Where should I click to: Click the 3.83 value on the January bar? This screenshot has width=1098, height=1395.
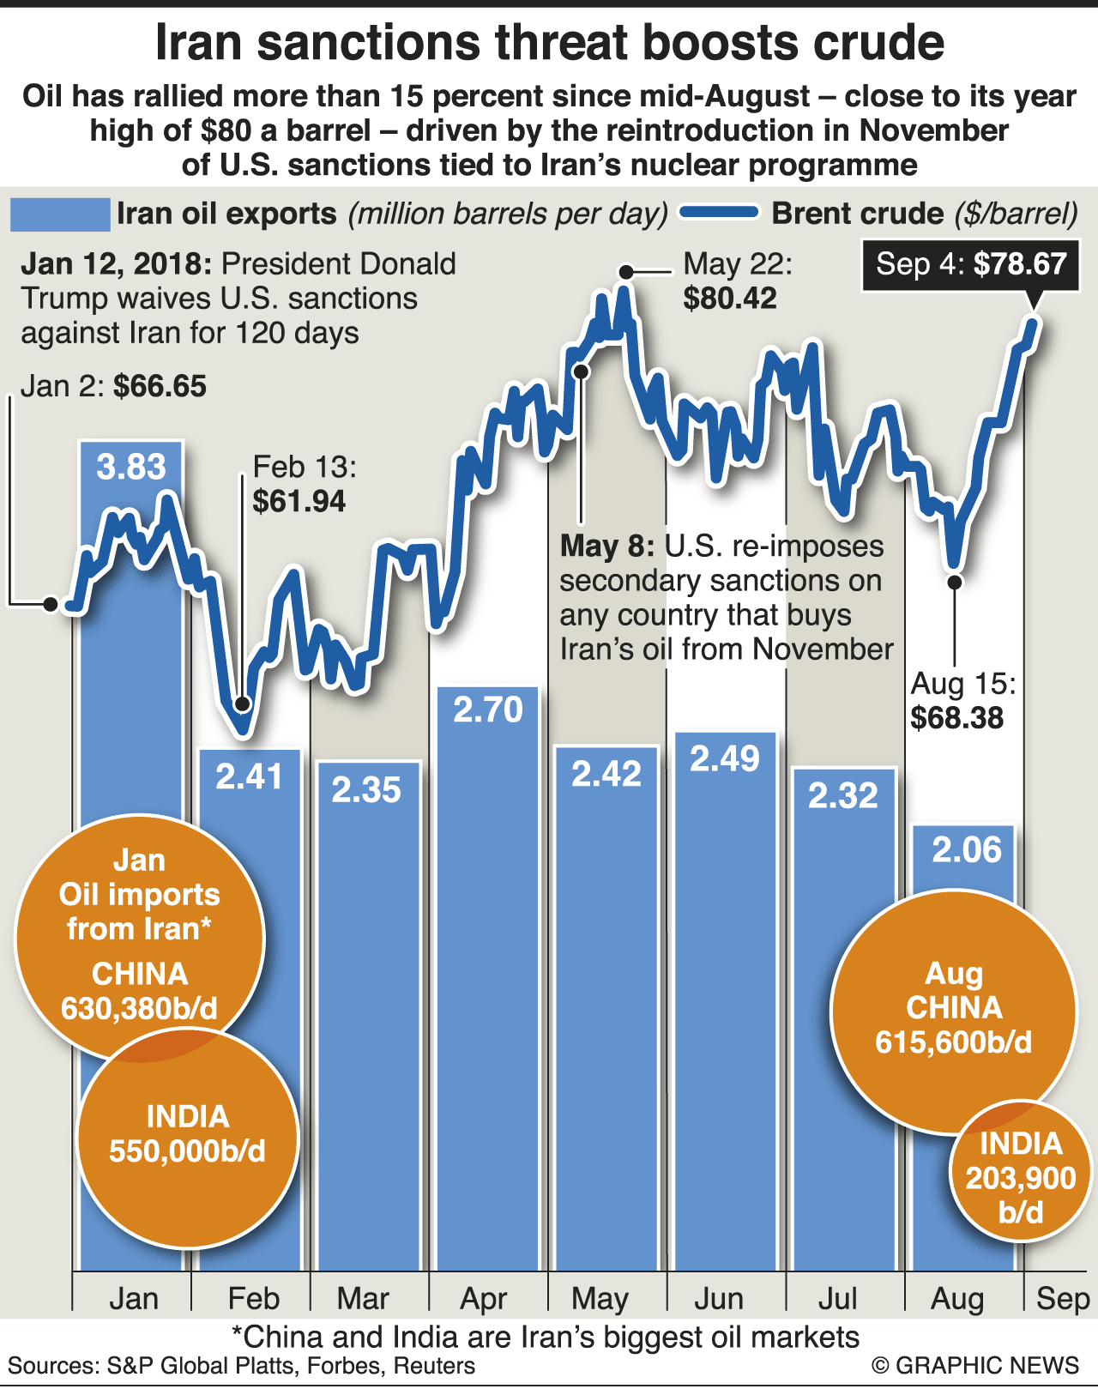pos(131,467)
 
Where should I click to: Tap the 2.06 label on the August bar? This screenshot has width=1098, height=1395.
pos(967,849)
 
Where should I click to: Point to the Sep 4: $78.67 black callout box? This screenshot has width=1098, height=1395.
pos(970,264)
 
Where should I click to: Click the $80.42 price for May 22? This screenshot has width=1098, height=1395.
pos(730,299)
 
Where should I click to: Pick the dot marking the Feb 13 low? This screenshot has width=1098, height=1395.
pos(242,704)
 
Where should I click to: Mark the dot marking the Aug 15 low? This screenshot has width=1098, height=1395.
pos(955,582)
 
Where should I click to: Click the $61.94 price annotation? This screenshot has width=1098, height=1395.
pos(299,501)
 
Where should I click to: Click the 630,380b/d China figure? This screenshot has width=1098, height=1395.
pos(140,1008)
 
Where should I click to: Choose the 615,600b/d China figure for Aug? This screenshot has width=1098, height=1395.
pos(954,1042)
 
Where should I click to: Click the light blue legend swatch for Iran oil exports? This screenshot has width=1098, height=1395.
pos(60,214)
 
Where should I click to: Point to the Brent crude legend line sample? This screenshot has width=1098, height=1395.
pos(719,213)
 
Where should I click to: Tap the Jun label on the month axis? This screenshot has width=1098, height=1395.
pos(719,1299)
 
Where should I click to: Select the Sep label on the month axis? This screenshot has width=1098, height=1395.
pos(1062,1299)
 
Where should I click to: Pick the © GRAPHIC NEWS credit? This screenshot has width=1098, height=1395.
pos(975,1366)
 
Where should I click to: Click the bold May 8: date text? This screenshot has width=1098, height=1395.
pos(607,547)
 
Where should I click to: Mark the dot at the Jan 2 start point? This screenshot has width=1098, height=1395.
pos(51,605)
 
